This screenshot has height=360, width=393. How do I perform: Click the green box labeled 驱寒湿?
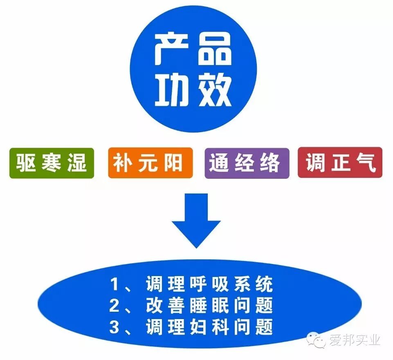pyautogui.click(x=52, y=163)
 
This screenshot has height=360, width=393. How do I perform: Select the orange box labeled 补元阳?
pyautogui.click(x=150, y=163)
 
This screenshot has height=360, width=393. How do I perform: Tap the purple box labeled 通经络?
pyautogui.click(x=247, y=163)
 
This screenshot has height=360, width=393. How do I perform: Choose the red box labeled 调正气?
pyautogui.click(x=340, y=163)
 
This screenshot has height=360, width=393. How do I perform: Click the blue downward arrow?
pyautogui.click(x=196, y=221)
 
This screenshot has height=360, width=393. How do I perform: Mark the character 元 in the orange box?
pyautogui.click(x=150, y=163)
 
